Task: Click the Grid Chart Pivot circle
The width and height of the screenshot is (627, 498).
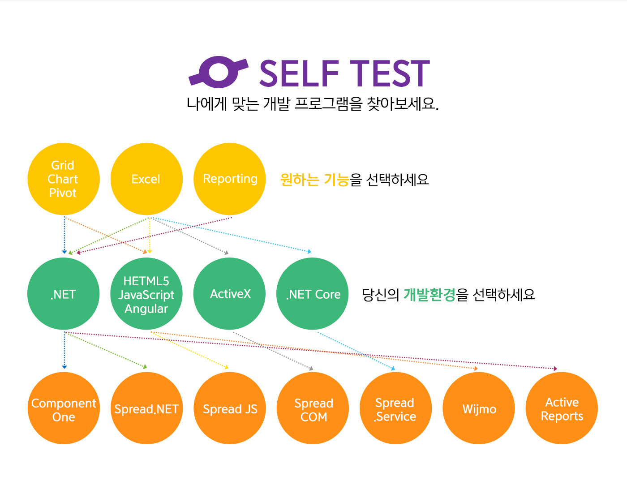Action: tap(64, 179)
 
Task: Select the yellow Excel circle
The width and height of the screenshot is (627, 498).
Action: tap(146, 179)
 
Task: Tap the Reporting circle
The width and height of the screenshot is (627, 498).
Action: tap(230, 179)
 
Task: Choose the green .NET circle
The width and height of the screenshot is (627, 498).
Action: tap(64, 294)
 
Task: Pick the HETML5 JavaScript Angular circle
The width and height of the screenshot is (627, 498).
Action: tap(146, 294)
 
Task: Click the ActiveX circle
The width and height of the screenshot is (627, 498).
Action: tap(230, 294)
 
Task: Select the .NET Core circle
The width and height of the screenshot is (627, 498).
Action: tap(312, 294)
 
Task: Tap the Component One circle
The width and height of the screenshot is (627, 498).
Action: tap(64, 408)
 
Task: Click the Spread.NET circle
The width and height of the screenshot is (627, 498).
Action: tap(147, 408)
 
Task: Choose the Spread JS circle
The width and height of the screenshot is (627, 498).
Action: tap(230, 408)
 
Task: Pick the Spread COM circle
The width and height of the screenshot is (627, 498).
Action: tap(313, 408)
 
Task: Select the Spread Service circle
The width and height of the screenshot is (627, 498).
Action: tap(395, 408)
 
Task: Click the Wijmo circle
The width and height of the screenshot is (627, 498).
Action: tap(479, 408)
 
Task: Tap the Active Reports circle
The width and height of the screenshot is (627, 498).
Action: tap(562, 408)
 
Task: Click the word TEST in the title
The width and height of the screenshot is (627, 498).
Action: tap(390, 73)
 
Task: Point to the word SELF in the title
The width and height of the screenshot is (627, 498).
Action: tap(299, 73)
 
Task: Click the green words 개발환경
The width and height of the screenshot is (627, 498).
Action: tap(429, 295)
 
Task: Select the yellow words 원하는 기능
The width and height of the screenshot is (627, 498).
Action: tap(314, 180)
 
